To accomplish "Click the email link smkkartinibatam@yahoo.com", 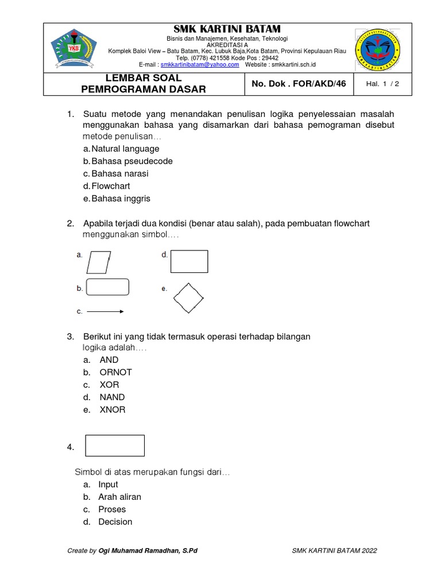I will click(200, 65).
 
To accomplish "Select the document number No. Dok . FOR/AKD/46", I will click(299, 84).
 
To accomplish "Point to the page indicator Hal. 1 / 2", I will click(382, 84).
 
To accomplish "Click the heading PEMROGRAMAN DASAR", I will click(143, 89).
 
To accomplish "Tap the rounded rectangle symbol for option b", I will click(107, 287).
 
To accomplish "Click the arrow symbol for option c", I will click(105, 312).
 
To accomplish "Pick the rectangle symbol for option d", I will click(189, 261).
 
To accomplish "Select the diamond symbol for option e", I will click(188, 298).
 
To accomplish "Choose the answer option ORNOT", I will click(115, 372).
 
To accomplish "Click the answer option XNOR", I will click(112, 410).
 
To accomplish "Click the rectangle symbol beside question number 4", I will click(115, 445).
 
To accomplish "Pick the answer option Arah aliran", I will click(119, 497).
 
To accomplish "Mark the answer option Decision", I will click(115, 522).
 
